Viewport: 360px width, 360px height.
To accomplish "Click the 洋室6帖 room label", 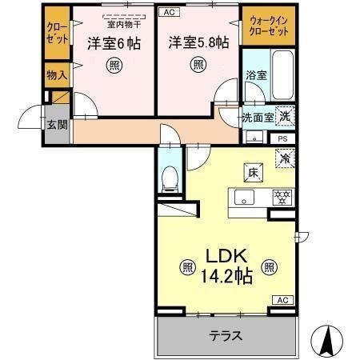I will click(114, 42).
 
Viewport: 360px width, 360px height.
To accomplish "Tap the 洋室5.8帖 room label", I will click(197, 42).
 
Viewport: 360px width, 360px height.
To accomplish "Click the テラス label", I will click(226, 336).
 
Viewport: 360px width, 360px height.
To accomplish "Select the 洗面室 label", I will click(258, 116).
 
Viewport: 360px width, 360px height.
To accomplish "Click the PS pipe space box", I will click(282, 138).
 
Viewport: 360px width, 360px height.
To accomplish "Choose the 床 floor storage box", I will click(251, 170).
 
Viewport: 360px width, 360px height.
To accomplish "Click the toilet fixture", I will click(170, 179).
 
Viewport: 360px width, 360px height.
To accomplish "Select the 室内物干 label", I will click(125, 25).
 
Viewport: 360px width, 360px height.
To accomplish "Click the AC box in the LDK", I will click(282, 299).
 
